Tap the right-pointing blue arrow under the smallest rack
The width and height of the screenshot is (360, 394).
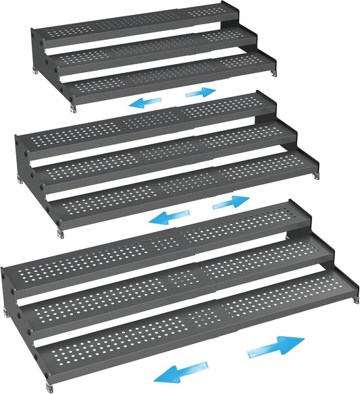click(x=200, y=91)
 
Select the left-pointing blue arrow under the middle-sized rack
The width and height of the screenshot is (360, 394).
click(x=166, y=217)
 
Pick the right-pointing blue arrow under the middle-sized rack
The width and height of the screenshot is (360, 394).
click(x=230, y=202)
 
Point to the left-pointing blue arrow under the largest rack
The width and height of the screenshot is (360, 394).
click(x=185, y=370)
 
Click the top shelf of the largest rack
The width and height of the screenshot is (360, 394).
click(x=162, y=250)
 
